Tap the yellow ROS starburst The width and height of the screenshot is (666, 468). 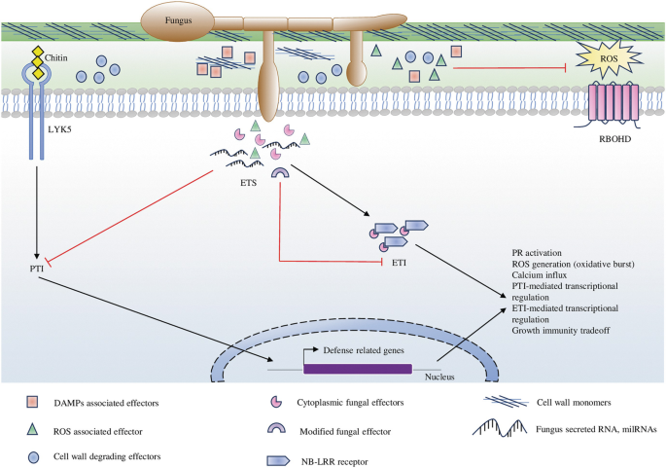(x=605, y=67)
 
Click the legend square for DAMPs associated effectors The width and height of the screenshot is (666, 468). (x=34, y=400)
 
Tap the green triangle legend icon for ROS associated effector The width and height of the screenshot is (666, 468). (x=34, y=427)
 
